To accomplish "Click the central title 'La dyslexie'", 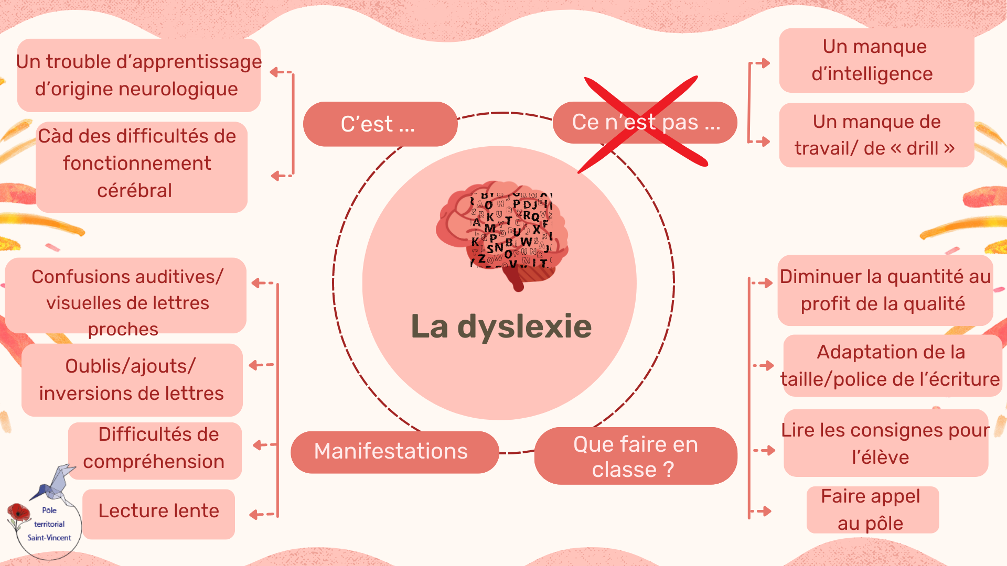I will pyautogui.click(x=501, y=326).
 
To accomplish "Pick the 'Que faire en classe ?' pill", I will pyautogui.click(x=635, y=456).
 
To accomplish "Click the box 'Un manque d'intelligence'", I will pyautogui.click(x=876, y=60).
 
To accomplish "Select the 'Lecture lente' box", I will pyautogui.click(x=158, y=511).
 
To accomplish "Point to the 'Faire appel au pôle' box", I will pyautogui.click(x=872, y=509).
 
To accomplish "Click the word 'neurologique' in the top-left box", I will pyautogui.click(x=181, y=89).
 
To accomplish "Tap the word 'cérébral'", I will pyautogui.click(x=134, y=191).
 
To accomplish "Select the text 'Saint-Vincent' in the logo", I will pyautogui.click(x=49, y=538).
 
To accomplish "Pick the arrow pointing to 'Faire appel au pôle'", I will pyautogui.click(x=764, y=511).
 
